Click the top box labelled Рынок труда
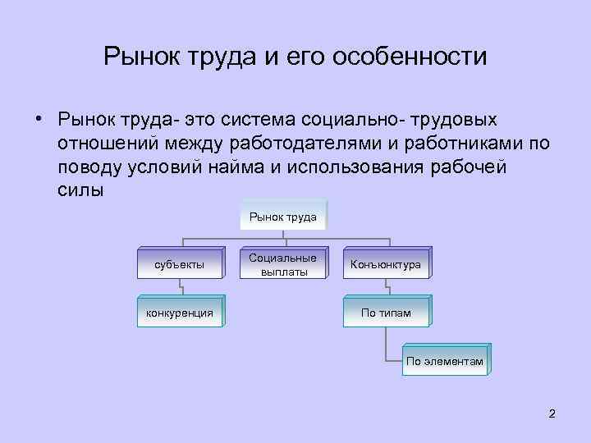point(284,216)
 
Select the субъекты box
point(180,264)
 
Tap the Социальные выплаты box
point(282,264)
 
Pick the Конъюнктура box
point(385,264)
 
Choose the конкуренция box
point(180,313)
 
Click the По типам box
point(385,313)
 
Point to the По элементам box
point(446,360)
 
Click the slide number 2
point(552,413)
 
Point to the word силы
point(81,191)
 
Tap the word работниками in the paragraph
point(452,144)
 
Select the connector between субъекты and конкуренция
point(180,289)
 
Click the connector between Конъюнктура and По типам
point(385,289)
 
